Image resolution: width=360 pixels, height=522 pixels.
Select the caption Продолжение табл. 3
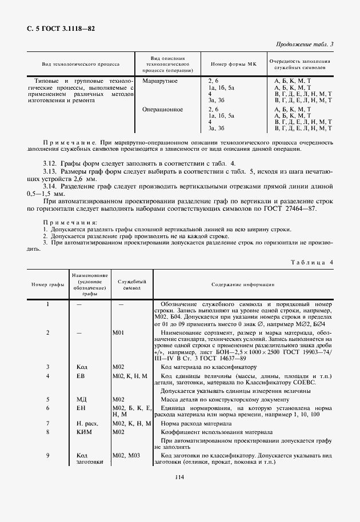305,44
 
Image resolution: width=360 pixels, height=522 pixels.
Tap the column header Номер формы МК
231,65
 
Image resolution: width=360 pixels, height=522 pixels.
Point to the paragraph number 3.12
51,164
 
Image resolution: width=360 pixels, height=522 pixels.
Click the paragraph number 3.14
51,186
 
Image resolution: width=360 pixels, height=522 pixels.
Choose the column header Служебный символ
132,284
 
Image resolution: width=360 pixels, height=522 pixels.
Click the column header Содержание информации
242,284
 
